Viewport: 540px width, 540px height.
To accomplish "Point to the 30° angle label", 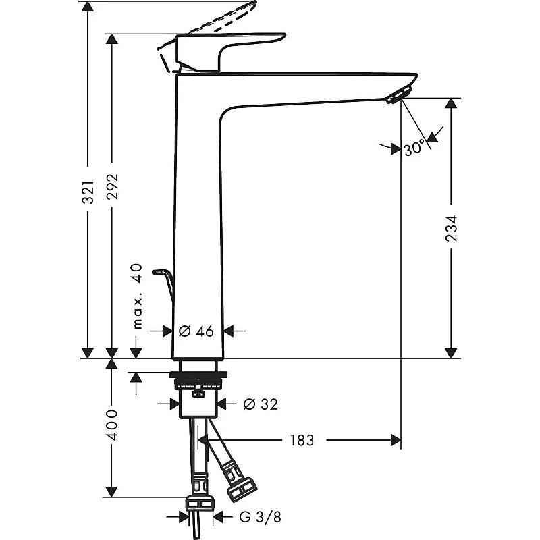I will point(414,147).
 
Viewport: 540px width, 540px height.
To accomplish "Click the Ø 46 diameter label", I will point(196,331).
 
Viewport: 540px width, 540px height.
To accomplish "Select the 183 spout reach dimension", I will point(302,441).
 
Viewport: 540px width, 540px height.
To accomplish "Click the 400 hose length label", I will point(113,425).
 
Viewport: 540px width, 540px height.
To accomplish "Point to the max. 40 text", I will point(138,296).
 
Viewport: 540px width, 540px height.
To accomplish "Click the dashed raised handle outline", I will point(209,24).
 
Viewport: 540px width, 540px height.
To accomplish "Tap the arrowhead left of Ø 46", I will point(169,331).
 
